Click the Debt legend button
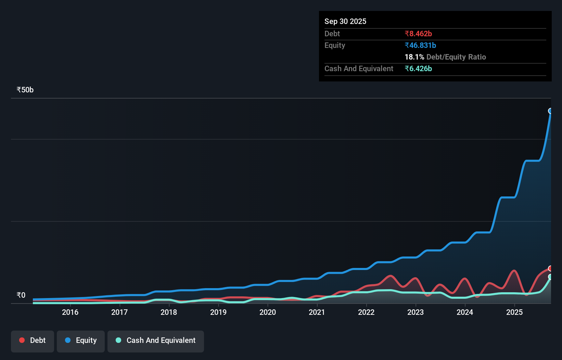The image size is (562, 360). (33, 340)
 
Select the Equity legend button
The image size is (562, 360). (81, 340)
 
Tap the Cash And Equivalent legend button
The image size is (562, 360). (156, 340)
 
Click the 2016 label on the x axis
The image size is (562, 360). (70, 312)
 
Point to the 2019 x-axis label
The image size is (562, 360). (218, 312)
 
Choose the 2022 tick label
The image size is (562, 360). (366, 312)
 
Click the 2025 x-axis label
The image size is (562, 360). (514, 312)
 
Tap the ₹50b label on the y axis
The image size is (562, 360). (25, 90)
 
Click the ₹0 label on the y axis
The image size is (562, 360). (21, 295)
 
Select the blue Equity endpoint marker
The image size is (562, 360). (550, 111)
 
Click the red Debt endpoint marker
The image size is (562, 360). (550, 268)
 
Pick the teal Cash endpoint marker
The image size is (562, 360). (550, 277)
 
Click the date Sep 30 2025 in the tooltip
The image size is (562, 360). (345, 21)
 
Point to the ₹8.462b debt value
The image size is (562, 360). (418, 34)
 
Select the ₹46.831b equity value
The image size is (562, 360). (420, 45)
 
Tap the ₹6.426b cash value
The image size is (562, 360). (418, 68)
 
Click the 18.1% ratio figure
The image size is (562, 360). (414, 57)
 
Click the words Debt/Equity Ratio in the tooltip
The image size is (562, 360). (456, 57)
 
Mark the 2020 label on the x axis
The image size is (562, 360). (268, 312)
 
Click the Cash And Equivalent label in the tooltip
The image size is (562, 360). (359, 68)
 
